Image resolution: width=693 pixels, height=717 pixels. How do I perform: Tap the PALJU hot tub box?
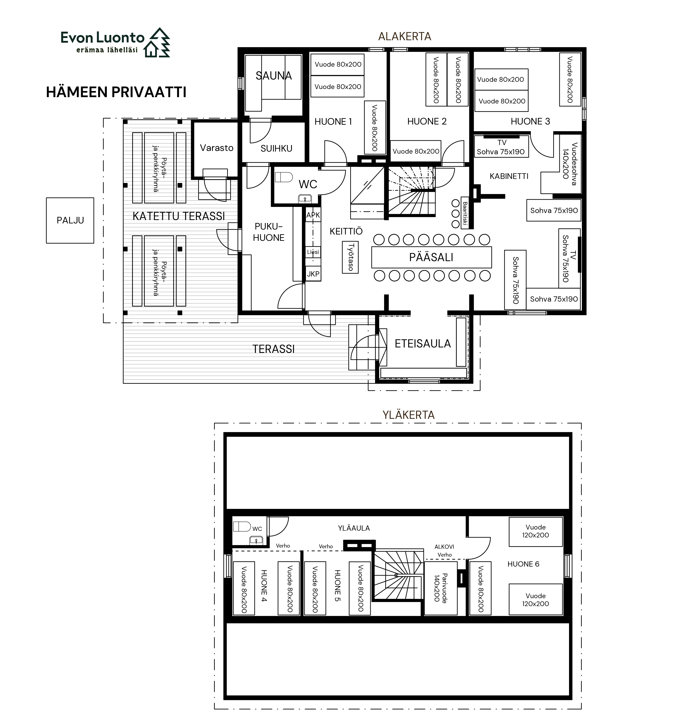tap(70, 220)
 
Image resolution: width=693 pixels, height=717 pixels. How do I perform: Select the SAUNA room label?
tap(273, 76)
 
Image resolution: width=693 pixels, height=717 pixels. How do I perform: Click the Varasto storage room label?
tap(217, 148)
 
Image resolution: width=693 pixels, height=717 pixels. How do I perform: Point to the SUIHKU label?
tap(276, 148)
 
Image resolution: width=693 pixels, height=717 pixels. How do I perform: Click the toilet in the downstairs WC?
tap(284, 177)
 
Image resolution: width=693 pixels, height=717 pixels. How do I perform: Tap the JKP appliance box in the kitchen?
tap(313, 274)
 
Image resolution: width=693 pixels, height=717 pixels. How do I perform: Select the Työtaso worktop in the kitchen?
tap(350, 257)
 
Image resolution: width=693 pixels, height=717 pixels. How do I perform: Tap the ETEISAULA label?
tap(423, 344)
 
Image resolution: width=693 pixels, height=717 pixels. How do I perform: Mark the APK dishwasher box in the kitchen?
tap(313, 215)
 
